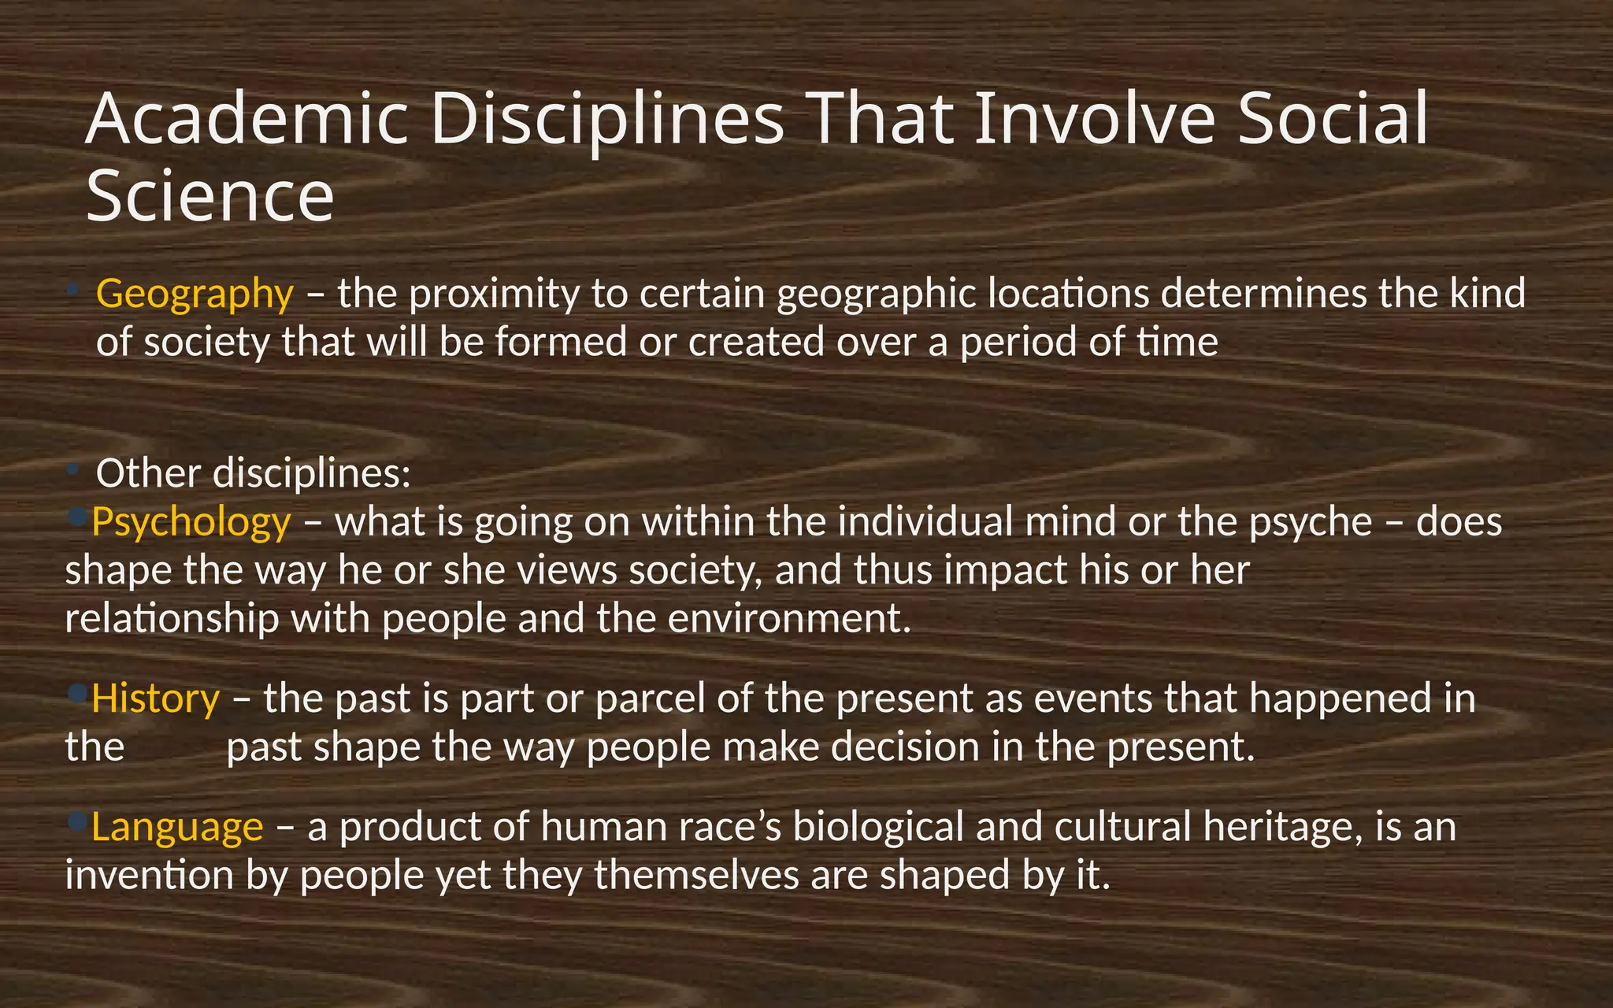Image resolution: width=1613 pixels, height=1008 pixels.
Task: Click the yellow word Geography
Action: click(194, 295)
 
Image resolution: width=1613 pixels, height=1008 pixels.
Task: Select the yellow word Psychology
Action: click(191, 523)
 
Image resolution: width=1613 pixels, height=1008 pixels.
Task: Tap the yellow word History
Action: click(155, 699)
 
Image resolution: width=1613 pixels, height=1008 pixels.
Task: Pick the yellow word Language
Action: click(176, 827)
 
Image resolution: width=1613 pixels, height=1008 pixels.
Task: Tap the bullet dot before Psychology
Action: click(77, 516)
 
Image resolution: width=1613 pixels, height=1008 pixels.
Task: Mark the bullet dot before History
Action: click(77, 693)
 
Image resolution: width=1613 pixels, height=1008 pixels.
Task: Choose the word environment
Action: click(788, 619)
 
